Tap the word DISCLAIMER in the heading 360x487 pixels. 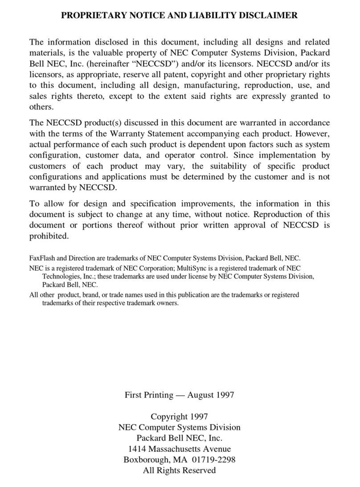(x=270, y=16)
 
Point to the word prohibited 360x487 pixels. (x=49, y=236)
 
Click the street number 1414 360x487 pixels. (x=137, y=449)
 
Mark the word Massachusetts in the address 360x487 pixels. (x=178, y=449)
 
